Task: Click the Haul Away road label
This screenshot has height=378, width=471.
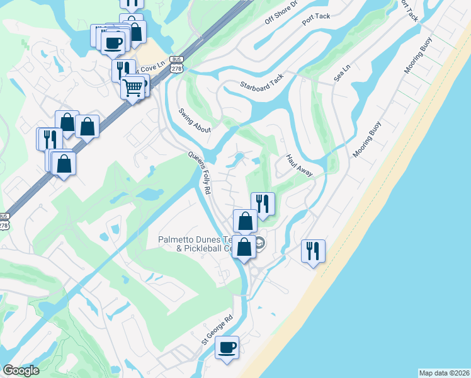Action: click(x=299, y=166)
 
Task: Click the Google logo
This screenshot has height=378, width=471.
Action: click(x=21, y=370)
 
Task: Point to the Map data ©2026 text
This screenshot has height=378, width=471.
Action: click(x=444, y=373)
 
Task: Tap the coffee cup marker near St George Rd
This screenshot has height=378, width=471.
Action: click(x=227, y=348)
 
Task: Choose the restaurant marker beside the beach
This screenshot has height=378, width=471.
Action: click(x=313, y=251)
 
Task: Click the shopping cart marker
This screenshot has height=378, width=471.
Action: click(x=133, y=88)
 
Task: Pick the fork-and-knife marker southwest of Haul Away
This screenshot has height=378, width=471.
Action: click(x=263, y=203)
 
